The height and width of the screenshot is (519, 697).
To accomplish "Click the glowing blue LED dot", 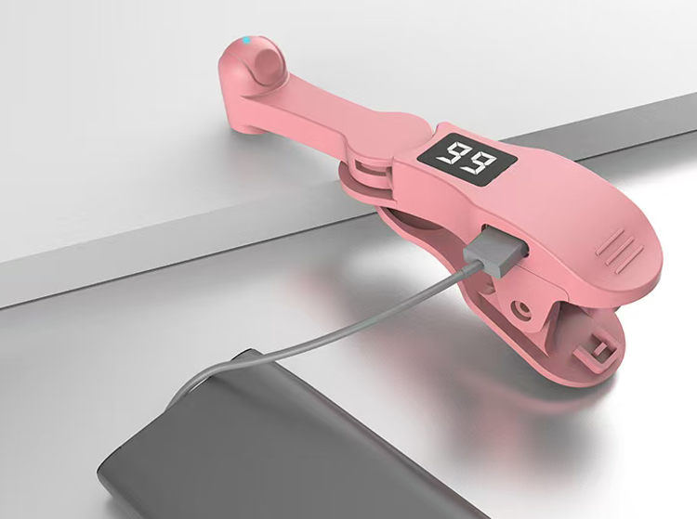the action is [x=246, y=41].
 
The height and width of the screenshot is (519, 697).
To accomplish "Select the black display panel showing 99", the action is [x=467, y=158].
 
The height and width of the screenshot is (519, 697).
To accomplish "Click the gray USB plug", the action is [x=496, y=251].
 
